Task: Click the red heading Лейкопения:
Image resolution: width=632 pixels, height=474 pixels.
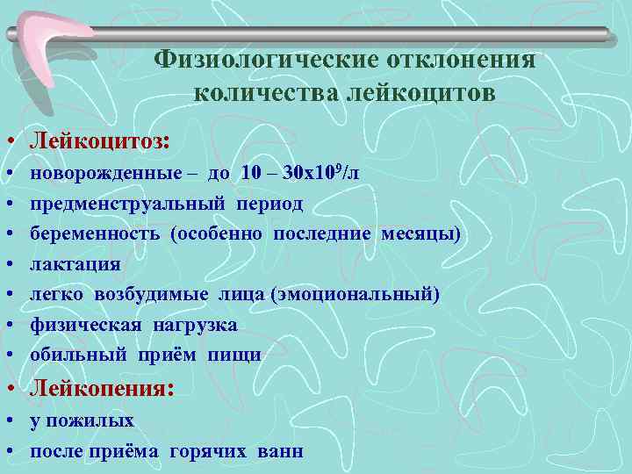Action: (99, 388)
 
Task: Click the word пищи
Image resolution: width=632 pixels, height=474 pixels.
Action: (234, 355)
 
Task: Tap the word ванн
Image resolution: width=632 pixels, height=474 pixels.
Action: (280, 451)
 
